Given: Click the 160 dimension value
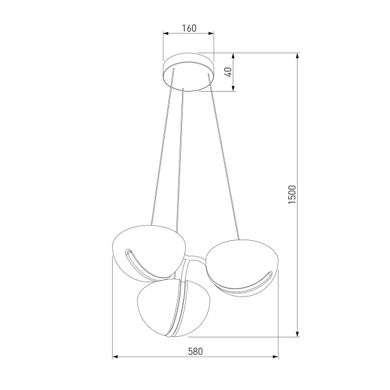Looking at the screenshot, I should coord(189,27).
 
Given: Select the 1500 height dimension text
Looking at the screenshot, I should coord(293,195).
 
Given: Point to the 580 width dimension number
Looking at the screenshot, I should coord(195,350).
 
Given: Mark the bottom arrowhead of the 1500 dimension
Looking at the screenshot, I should coord(298,334).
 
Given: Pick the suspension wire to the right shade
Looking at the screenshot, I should coord(223,161).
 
